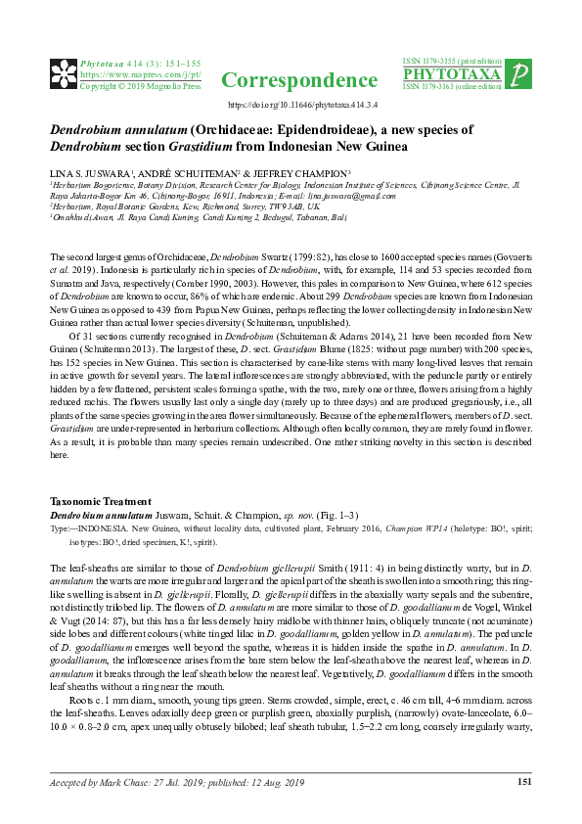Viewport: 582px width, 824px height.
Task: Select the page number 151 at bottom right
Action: (x=523, y=781)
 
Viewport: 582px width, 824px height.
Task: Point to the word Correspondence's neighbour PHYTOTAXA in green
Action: (x=452, y=74)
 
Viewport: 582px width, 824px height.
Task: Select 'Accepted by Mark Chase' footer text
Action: (x=108, y=782)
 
